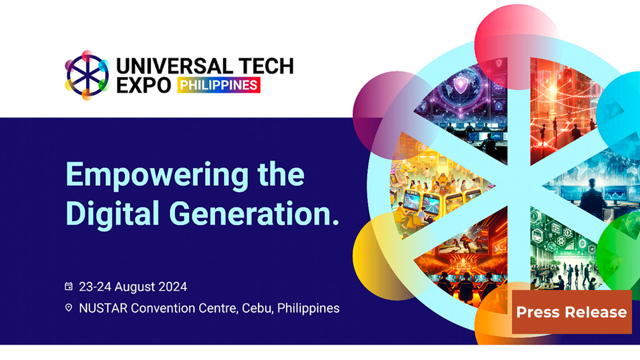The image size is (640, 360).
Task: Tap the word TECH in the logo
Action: tap(266, 66)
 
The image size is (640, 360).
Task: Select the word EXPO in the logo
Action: tap(144, 85)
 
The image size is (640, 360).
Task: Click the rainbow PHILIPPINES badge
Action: tap(219, 85)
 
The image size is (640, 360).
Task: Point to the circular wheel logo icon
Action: tap(87, 75)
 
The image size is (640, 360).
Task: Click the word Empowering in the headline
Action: tap(156, 175)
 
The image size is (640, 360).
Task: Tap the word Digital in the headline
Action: tap(112, 214)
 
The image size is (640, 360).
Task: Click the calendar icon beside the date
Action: tap(69, 286)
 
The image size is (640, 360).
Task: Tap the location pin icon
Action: tap(69, 308)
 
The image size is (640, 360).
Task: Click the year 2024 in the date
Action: tap(173, 287)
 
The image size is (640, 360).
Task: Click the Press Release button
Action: tap(572, 312)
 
